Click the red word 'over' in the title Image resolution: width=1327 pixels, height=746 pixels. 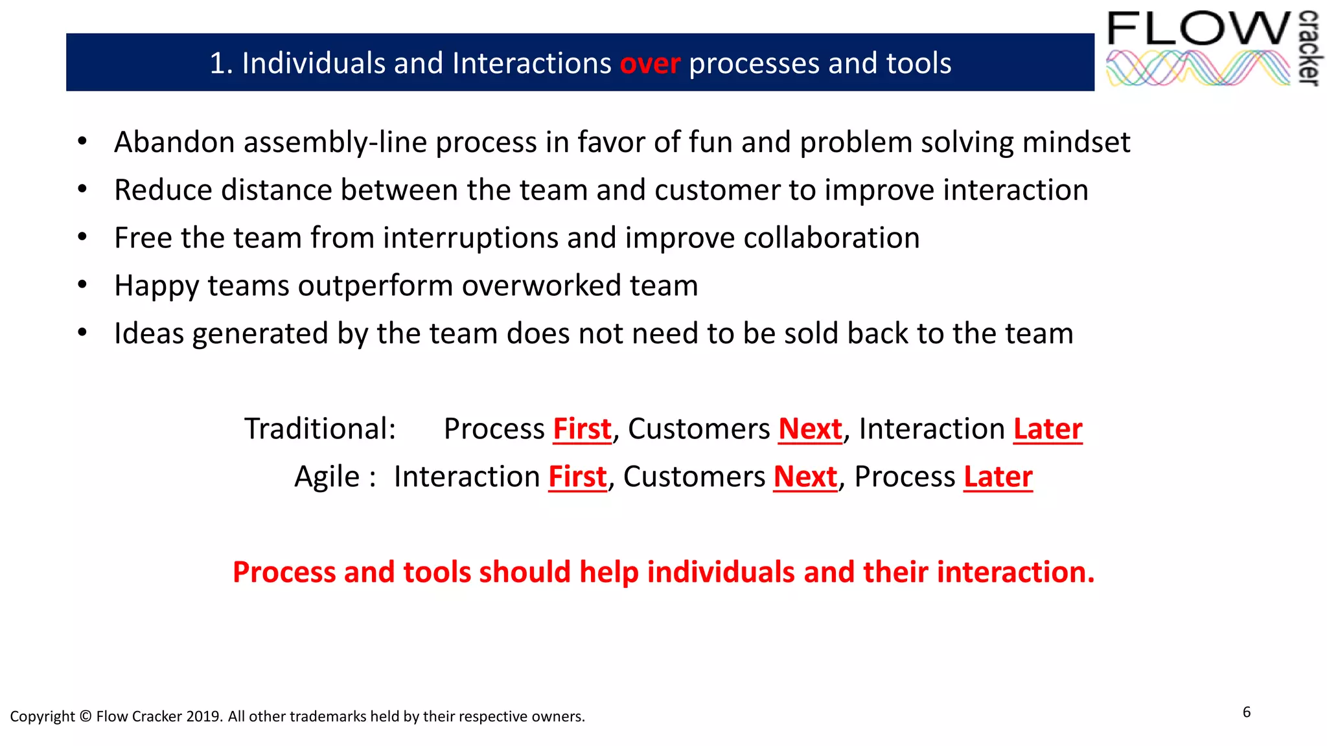[x=650, y=64]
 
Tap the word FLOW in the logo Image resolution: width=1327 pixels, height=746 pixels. [x=1199, y=28]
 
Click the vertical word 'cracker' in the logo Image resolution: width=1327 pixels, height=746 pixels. [x=1310, y=48]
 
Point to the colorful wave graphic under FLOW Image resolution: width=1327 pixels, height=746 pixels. [x=1197, y=69]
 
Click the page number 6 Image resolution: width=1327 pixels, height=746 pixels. [x=1247, y=712]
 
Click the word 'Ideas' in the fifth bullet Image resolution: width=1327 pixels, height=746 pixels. [x=149, y=333]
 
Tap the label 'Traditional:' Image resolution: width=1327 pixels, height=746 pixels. [x=320, y=429]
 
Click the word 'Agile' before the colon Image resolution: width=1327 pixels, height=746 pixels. [x=327, y=477]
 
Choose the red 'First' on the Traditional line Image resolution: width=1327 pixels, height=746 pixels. [x=582, y=429]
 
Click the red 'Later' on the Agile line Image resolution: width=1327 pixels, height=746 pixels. [x=998, y=477]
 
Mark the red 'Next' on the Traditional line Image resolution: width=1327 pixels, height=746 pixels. [x=810, y=429]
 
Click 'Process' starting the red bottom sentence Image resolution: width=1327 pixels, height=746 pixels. [x=284, y=572]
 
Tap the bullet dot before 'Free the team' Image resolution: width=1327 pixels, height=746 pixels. [x=82, y=237]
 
